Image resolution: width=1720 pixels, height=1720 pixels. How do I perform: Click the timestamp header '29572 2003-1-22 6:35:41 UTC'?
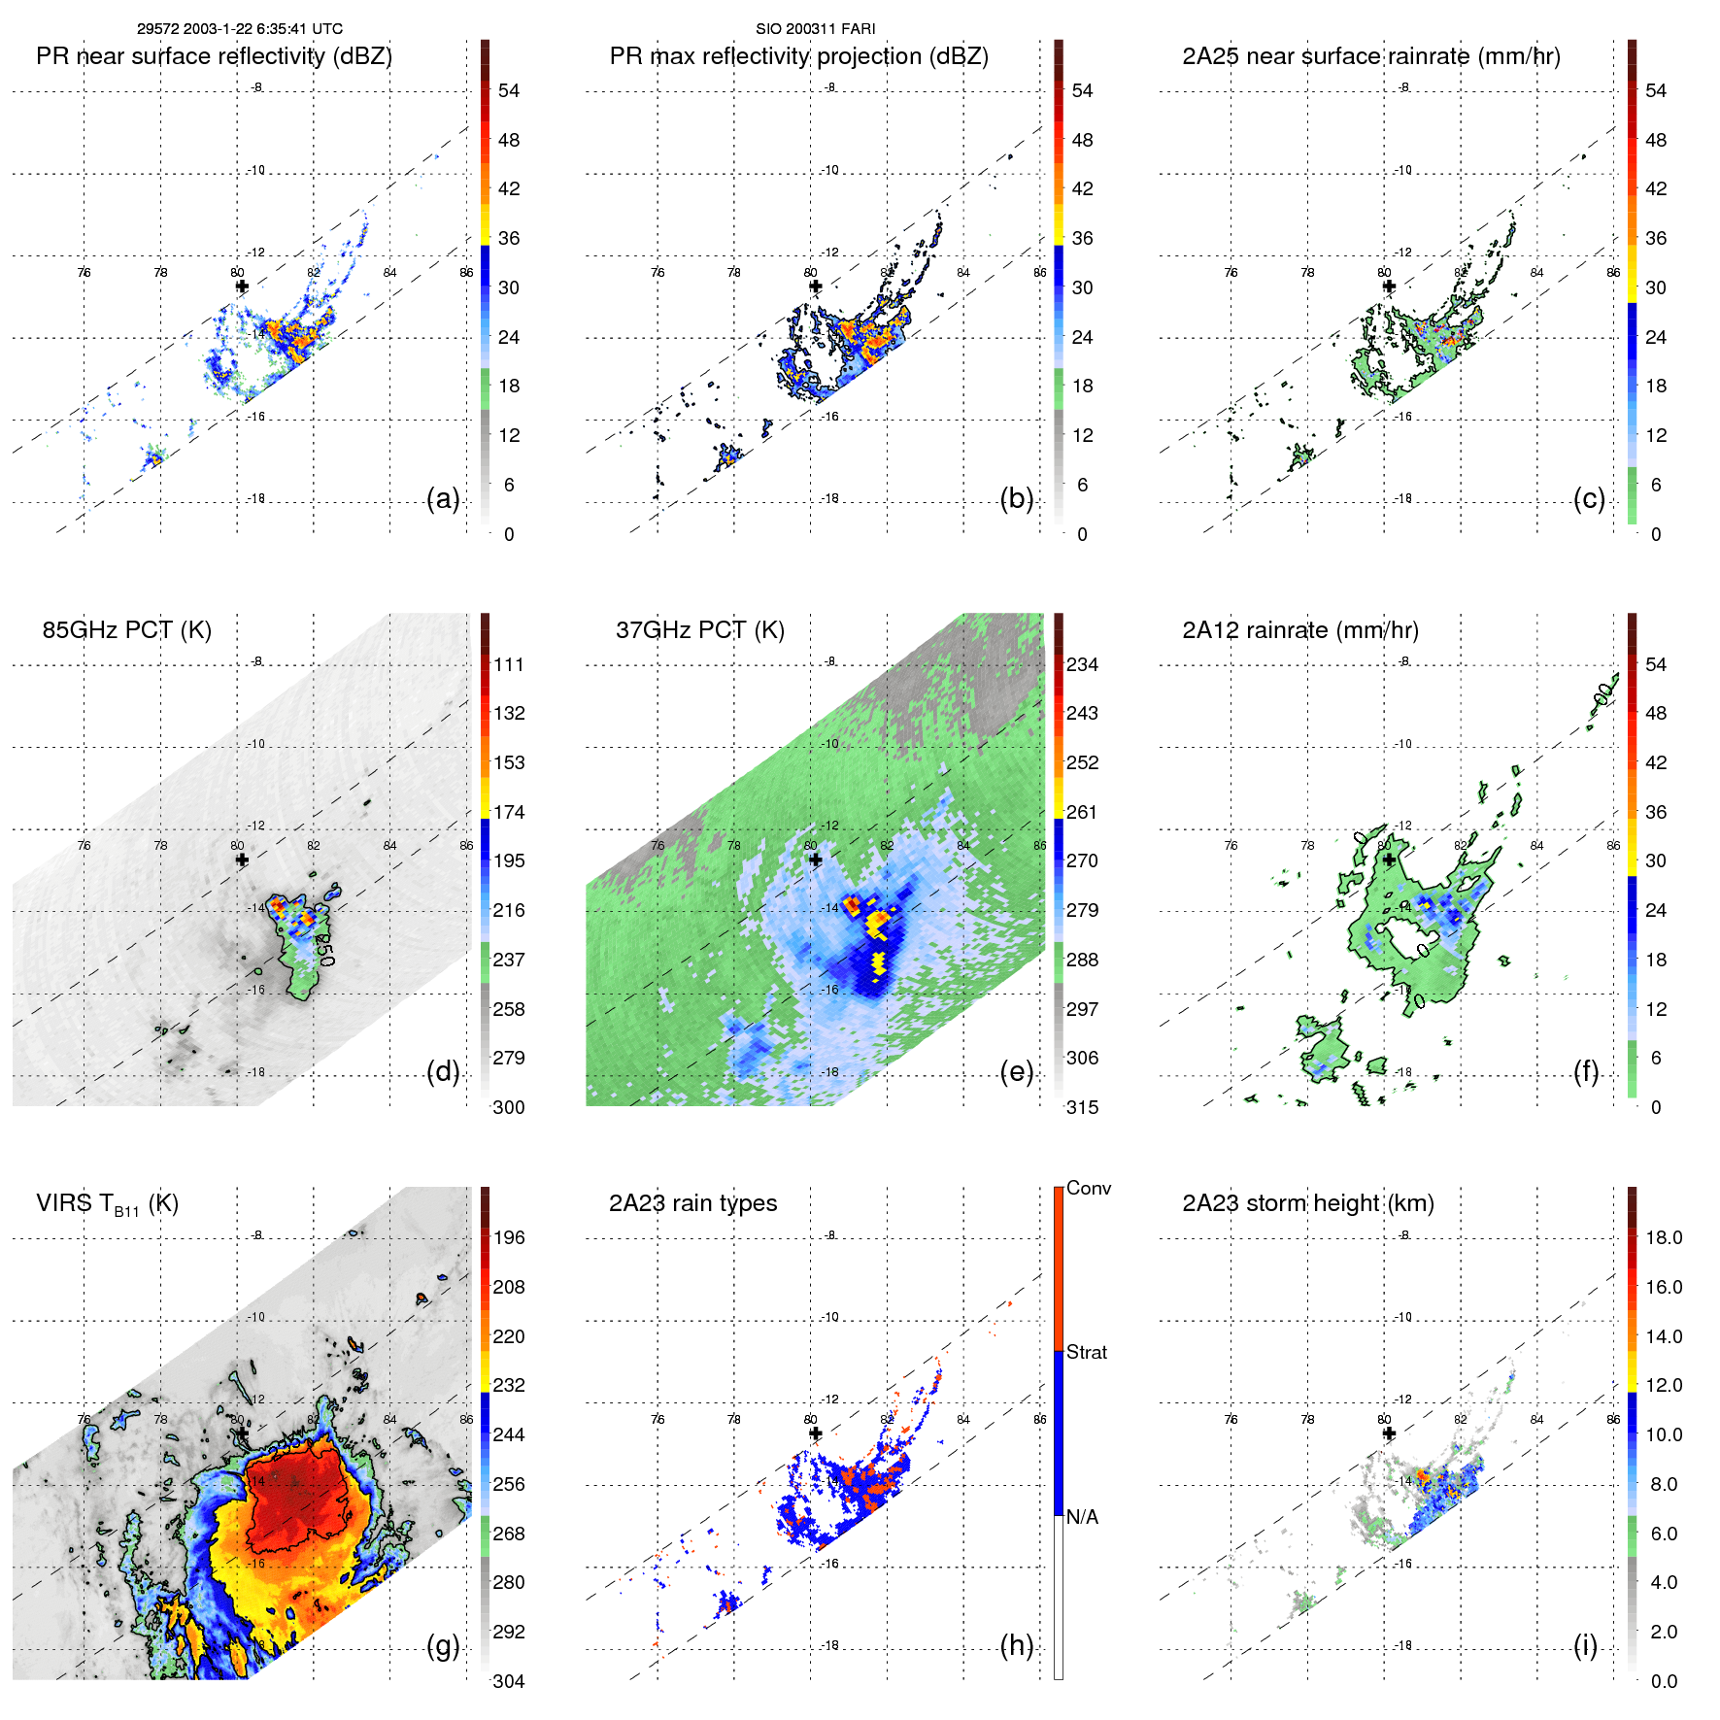239,29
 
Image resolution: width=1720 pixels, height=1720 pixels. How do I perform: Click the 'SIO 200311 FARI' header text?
815,29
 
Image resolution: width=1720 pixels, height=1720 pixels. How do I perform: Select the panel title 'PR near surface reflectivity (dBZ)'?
214,56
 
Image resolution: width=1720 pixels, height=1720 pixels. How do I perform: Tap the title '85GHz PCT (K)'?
126,630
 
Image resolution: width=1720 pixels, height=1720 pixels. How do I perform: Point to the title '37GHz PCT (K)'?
699,630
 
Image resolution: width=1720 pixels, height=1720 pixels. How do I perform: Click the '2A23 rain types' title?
692,1203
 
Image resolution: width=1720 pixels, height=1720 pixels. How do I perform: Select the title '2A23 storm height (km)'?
1307,1203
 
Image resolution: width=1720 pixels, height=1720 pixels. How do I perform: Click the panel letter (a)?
443,498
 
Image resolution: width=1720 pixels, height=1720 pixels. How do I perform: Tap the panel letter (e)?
1016,1071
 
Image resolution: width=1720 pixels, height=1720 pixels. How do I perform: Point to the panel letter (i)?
1585,1645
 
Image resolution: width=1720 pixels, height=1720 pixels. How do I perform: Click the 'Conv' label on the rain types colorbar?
1088,1189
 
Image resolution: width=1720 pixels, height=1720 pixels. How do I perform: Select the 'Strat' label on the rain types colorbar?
1086,1353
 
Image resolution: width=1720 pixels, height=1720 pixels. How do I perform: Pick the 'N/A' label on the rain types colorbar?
1082,1517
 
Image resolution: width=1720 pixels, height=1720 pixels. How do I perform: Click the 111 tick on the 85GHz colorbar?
509,665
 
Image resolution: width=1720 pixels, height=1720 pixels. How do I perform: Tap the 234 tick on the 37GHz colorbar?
1082,665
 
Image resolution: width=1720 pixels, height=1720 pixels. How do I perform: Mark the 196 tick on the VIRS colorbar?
509,1238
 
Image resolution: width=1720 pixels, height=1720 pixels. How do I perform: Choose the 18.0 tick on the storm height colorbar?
1663,1238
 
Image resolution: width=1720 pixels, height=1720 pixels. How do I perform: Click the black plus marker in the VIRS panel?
242,1433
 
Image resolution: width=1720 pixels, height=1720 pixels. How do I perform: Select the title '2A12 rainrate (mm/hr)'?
1299,630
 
